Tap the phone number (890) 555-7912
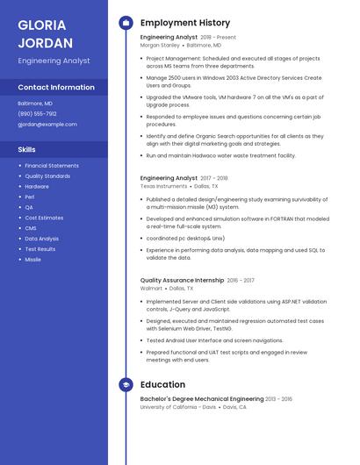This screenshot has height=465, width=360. [x=37, y=113]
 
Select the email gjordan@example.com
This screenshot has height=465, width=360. [x=47, y=124]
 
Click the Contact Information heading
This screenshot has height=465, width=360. [x=56, y=88]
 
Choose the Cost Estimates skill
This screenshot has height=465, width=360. [x=44, y=218]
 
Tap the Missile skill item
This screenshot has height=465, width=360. [x=33, y=259]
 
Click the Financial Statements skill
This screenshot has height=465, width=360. [x=52, y=166]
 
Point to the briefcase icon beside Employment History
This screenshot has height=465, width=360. [x=126, y=23]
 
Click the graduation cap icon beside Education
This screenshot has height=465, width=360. [x=126, y=384]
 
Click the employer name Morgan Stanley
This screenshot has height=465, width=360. [x=159, y=45]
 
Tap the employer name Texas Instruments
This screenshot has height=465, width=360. [x=163, y=186]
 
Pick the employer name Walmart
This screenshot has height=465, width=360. [x=151, y=288]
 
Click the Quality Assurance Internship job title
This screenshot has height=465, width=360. [x=182, y=280]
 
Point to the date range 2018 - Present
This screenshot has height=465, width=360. [x=218, y=38]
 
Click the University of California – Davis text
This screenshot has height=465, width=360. [x=177, y=407]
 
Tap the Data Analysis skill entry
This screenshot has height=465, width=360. [x=42, y=238]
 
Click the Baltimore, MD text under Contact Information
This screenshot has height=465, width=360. [x=35, y=103]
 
